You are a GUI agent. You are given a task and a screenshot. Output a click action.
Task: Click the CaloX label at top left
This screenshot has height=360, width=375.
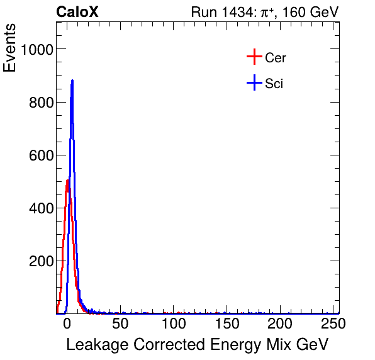tap(77, 12)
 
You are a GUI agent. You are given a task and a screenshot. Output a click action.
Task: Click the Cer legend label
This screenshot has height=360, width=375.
tap(276, 58)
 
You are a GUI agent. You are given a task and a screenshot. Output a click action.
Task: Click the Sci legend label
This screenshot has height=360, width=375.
tap(274, 83)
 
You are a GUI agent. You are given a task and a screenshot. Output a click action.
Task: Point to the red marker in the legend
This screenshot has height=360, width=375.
tap(254, 57)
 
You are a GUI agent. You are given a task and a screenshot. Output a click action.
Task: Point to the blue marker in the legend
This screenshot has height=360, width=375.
tap(254, 82)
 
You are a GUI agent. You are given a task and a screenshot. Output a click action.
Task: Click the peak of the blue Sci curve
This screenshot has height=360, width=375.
tap(72, 81)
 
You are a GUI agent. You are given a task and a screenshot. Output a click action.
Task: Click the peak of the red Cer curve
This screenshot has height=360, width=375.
tap(67, 181)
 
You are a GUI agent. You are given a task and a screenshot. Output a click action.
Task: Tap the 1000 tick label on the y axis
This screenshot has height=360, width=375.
tap(36, 50)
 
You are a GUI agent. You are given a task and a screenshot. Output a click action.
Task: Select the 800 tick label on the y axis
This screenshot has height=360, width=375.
tap(40, 102)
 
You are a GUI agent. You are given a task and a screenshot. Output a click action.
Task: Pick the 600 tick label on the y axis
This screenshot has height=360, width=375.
tap(40, 155)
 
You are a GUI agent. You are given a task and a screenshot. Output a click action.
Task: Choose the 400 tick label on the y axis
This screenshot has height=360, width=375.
tap(40, 208)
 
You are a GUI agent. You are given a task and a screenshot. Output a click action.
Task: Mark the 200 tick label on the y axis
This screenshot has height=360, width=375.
tap(40, 261)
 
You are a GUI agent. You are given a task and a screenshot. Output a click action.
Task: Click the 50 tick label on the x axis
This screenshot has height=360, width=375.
tap(120, 324)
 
